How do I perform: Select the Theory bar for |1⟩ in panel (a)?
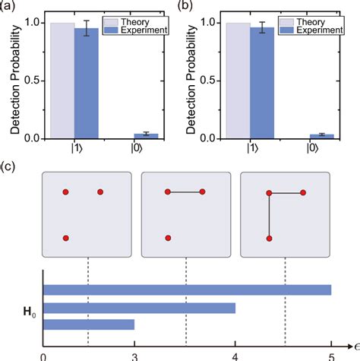[62, 81]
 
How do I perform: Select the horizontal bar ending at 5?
[187, 289]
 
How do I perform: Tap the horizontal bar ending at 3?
[89, 325]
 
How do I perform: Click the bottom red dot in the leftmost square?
[66, 239]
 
